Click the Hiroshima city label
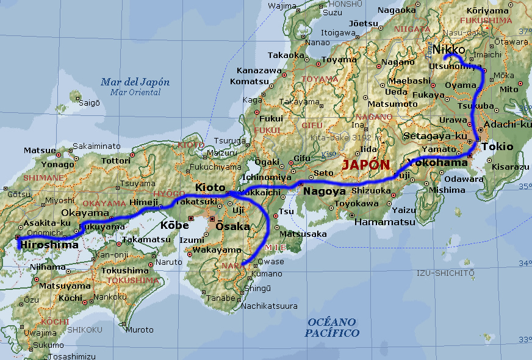pos(49,245)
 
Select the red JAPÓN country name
pos(365,165)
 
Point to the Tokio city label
pos(497,146)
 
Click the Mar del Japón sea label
pos(135,82)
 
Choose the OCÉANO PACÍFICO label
pos(332,327)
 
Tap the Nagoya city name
pos(325,191)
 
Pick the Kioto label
pos(210,187)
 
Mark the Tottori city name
pos(116,160)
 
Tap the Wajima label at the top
pos(282,6)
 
